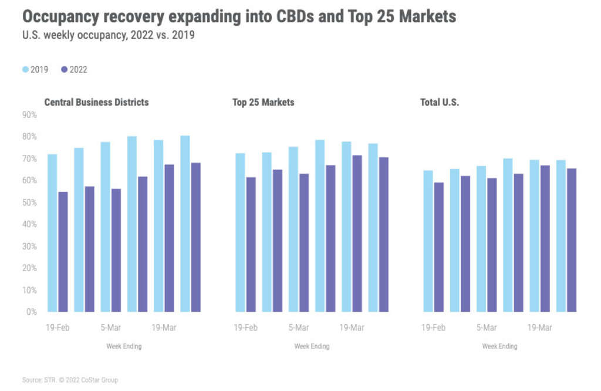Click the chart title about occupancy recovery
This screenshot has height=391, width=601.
239,16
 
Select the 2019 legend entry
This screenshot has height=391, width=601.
36,70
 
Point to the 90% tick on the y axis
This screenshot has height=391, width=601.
29,115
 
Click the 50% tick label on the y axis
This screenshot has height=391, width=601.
29,203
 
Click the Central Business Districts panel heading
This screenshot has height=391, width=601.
96,102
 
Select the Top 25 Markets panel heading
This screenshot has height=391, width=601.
263,102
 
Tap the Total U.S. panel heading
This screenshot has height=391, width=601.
439,102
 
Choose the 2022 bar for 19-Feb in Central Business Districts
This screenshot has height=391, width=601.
63,252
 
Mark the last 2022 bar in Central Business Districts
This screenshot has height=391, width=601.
195,237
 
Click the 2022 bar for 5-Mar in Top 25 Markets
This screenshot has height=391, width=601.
303,242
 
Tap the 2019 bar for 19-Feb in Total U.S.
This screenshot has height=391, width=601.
428,241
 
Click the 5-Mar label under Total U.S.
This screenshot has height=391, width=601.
487,328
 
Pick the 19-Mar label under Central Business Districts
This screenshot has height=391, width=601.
164,328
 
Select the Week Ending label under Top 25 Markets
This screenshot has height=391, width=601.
312,346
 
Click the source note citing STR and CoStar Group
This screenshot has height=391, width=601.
70,380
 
